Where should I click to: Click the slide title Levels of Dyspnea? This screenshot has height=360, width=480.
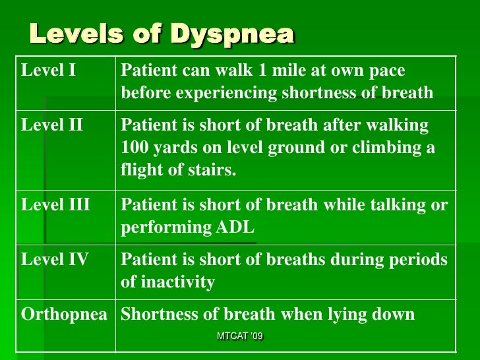[162, 34]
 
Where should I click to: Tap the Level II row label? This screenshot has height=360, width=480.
[52, 125]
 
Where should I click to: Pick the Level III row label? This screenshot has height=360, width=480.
[55, 205]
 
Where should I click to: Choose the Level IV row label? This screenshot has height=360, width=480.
[55, 259]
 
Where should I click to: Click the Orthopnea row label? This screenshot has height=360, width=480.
[64, 314]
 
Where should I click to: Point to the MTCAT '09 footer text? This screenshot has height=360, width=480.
[240, 337]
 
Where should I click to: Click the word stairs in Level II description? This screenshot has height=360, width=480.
[215, 170]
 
